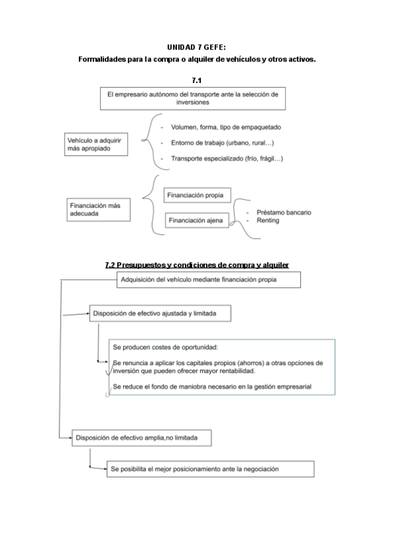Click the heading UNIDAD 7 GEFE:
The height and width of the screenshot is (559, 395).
tap(197, 47)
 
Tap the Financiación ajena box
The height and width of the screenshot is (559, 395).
tap(196, 220)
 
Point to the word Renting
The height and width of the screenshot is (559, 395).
tap(269, 220)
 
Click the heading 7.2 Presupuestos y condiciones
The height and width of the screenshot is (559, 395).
tap(197, 265)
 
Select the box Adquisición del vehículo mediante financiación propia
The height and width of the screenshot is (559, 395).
tap(208, 279)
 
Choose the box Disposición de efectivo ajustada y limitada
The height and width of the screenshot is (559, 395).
tap(161, 314)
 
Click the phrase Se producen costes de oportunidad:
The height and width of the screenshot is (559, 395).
tap(165, 347)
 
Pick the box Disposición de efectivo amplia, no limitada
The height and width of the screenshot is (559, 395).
tap(144, 437)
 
